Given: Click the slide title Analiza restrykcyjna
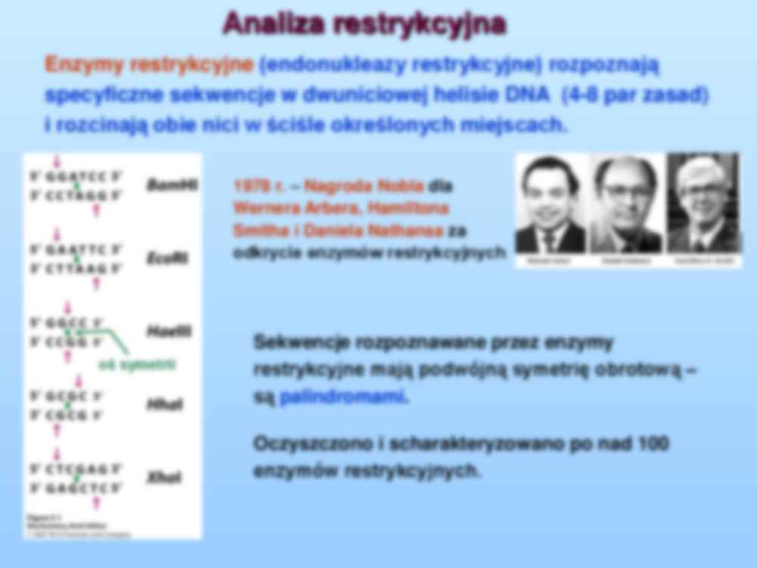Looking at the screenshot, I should [x=363, y=24].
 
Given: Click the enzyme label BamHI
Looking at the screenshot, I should [x=171, y=184].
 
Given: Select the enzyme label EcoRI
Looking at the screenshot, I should [x=167, y=257].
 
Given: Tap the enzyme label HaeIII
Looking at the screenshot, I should [x=169, y=331].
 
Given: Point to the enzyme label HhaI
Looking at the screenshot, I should [x=164, y=404].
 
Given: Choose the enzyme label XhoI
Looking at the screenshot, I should [x=164, y=478].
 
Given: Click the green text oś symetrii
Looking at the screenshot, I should [x=137, y=365].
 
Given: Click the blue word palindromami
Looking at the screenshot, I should [x=343, y=397].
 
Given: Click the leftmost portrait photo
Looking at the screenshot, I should [x=550, y=205].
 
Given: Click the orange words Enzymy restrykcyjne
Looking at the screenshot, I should [x=148, y=65].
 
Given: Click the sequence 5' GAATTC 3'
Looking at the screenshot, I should [x=76, y=250].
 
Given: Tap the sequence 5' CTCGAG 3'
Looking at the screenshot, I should [x=76, y=470].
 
